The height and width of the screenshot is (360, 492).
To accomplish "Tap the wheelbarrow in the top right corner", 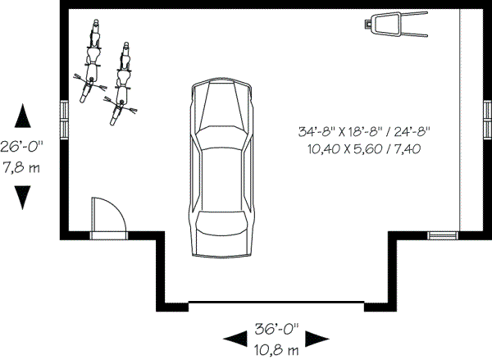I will point(397,24).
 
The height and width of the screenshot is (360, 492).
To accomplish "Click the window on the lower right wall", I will point(444,235).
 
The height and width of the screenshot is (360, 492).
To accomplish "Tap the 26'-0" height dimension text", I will point(22,148).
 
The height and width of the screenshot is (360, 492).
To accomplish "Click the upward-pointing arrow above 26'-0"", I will point(23,116).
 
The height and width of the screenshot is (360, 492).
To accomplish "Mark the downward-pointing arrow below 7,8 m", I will point(23,198).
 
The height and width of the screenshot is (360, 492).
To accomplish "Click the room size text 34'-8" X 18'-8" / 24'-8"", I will point(365,131).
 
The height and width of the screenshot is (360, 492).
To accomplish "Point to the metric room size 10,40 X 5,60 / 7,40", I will point(365,148).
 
